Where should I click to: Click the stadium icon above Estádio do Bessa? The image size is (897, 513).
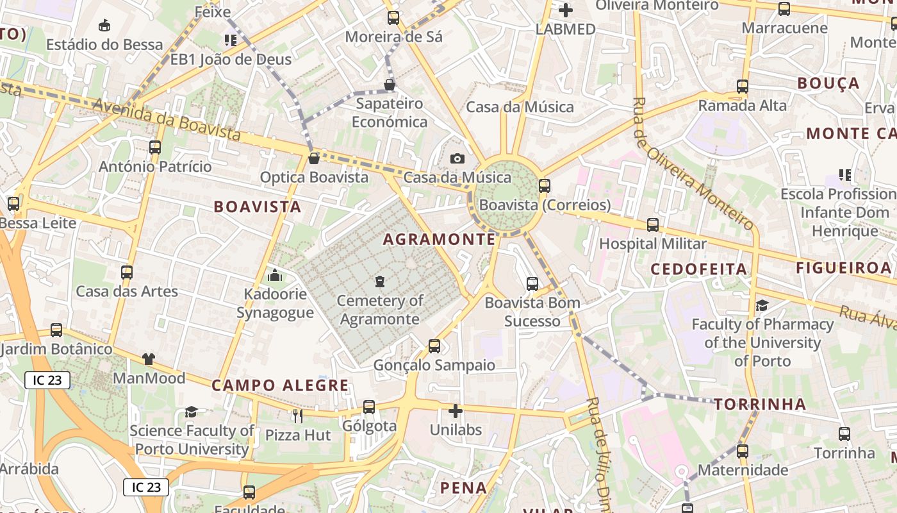click(104, 26)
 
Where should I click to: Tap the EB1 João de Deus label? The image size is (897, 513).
click(231, 60)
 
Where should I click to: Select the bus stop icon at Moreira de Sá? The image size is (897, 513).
click(393, 18)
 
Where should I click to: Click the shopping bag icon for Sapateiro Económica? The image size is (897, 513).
click(389, 85)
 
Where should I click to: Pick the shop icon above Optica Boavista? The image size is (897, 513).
click(314, 158)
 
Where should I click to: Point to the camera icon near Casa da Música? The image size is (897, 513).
click(457, 158)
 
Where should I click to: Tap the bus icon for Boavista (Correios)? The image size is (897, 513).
click(545, 186)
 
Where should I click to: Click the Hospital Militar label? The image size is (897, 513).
click(652, 244)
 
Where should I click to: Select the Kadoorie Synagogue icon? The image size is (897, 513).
click(275, 276)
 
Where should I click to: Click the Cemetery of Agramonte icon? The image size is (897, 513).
click(380, 282)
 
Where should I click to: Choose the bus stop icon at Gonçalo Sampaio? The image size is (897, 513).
click(434, 346)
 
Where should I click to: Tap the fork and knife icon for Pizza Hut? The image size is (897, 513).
click(297, 416)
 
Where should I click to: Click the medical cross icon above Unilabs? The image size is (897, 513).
click(456, 410)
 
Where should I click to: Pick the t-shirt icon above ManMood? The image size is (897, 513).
click(149, 359)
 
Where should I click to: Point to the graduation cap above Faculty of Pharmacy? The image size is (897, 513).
click(762, 305)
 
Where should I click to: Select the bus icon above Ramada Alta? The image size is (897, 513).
click(742, 86)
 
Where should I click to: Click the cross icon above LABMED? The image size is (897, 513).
click(566, 10)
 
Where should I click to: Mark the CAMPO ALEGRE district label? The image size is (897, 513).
click(280, 385)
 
